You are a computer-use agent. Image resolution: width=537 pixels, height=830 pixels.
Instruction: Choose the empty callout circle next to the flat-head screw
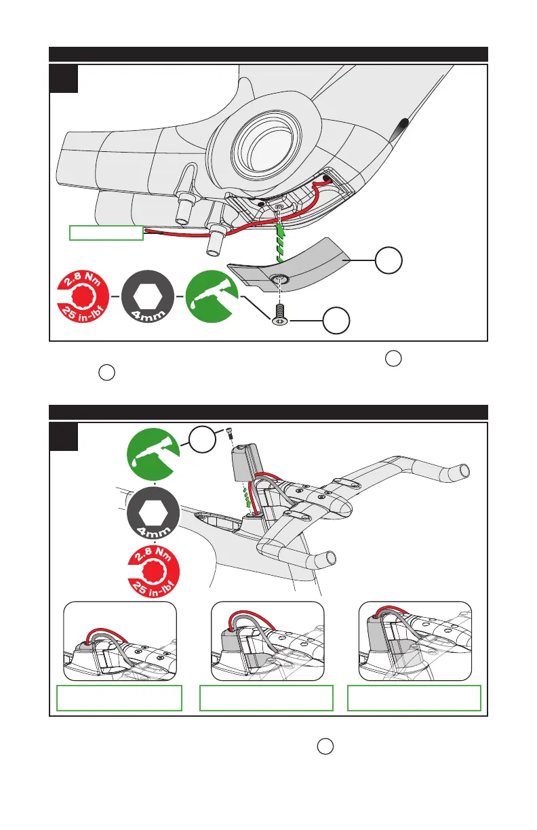(x=336, y=321)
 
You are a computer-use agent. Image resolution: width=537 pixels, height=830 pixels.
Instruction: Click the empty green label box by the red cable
(x=106, y=233)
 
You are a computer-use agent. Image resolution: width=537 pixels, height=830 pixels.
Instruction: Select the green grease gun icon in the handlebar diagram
(x=155, y=454)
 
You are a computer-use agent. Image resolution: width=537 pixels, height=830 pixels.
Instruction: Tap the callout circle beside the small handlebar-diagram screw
(x=203, y=439)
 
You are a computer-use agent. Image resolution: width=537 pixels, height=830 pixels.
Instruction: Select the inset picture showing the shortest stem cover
(x=119, y=641)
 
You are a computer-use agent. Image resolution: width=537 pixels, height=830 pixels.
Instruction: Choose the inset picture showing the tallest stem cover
(x=414, y=641)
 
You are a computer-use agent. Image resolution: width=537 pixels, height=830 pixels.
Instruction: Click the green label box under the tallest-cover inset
(x=414, y=698)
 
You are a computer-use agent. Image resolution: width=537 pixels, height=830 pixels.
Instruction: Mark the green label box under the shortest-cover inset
(x=119, y=698)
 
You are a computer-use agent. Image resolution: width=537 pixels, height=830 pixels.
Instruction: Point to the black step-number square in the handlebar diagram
(x=64, y=437)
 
